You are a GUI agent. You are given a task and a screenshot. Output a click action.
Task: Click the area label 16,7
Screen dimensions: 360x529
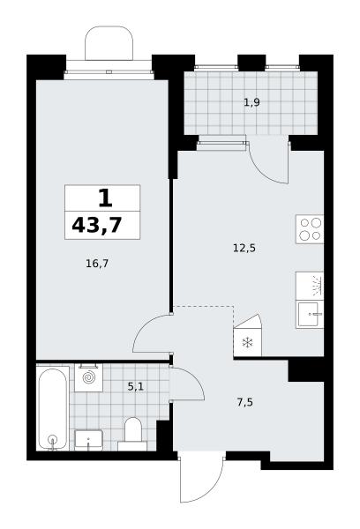97,264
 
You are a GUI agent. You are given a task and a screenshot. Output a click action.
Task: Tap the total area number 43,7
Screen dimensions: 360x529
96,226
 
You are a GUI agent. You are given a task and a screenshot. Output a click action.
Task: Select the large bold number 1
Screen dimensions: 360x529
105,198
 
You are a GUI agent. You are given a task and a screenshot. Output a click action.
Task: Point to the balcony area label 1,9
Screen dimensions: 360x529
251,102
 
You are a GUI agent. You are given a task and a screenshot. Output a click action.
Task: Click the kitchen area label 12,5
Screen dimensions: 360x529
244,249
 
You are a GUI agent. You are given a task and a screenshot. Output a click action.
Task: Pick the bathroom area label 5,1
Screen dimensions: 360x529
135,386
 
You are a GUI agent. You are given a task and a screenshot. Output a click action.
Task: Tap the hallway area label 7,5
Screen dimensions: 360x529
245,403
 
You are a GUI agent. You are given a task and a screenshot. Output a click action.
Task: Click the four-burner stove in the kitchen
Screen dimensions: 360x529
310,229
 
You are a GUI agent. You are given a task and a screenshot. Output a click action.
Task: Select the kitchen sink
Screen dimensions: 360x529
310,315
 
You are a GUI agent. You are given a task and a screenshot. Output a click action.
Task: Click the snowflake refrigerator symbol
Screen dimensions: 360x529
248,343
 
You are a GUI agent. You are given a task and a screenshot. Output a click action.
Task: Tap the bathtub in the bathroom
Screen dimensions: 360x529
52,409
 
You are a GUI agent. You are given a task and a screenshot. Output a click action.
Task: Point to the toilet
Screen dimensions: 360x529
132,434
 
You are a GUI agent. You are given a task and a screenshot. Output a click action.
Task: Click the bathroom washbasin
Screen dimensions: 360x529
88,440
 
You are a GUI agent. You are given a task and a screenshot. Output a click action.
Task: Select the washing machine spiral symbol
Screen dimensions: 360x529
89,377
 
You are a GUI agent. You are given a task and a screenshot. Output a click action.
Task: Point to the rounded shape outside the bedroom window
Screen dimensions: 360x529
109,43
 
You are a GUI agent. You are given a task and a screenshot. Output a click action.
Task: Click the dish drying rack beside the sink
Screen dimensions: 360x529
310,286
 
